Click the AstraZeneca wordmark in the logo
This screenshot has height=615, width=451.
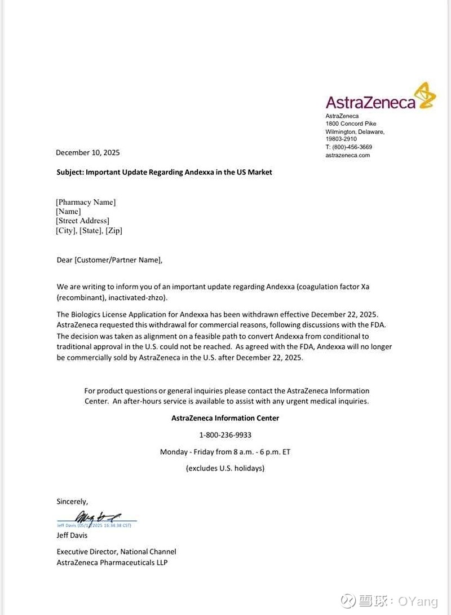point(370,102)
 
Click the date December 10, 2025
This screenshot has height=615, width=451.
point(88,152)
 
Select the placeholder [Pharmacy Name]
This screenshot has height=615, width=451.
point(86,202)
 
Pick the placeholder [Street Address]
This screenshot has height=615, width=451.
point(82,221)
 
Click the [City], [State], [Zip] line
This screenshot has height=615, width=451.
point(89,230)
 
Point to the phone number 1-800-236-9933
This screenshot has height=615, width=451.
point(225,435)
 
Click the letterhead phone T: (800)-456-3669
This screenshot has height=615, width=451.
point(349,147)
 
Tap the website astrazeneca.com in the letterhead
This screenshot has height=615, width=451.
point(347,155)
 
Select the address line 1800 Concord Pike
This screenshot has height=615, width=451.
point(351,124)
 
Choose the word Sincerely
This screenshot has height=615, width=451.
point(72,501)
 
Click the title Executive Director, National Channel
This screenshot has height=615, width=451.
point(116,551)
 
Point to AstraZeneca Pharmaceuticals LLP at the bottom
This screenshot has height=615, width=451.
point(112,562)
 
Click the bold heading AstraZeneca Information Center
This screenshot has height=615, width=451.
point(225,418)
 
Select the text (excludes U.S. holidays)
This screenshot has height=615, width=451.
point(225,468)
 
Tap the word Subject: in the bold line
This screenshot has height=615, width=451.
point(70,172)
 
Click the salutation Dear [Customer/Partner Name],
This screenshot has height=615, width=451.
point(109,260)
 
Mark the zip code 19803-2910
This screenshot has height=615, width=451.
point(341,139)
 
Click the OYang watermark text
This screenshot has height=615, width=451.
point(418,601)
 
